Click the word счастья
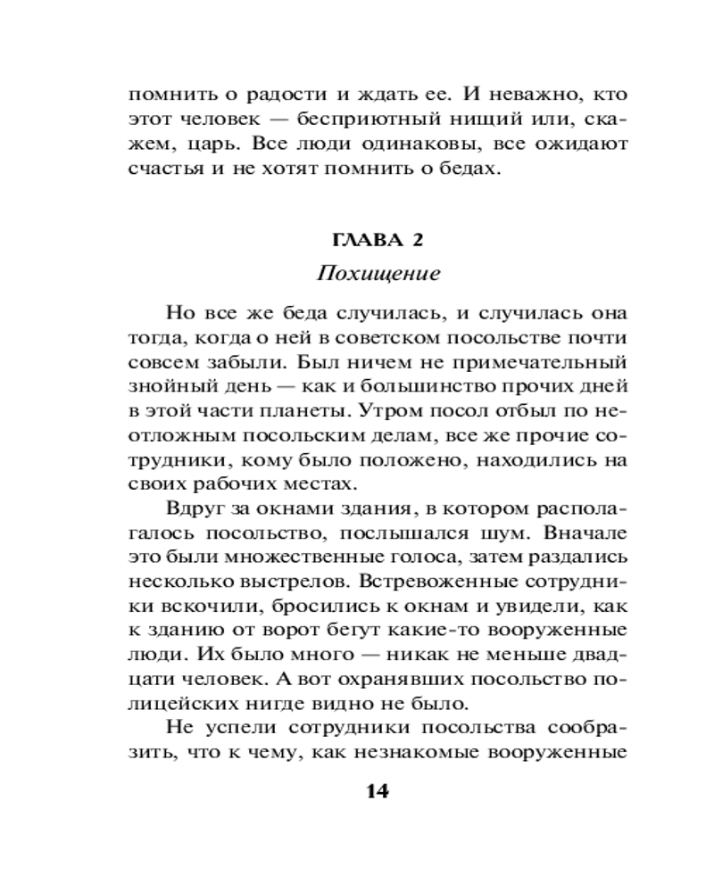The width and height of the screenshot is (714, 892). point(170,169)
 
